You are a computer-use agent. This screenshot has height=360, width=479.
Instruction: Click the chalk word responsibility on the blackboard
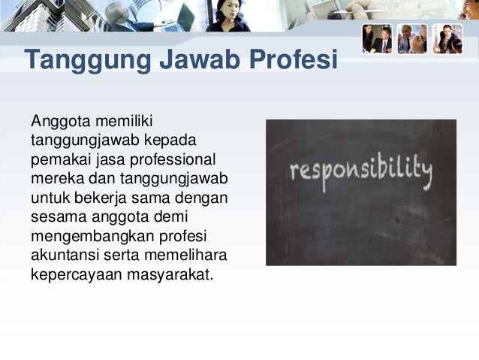point(361,174)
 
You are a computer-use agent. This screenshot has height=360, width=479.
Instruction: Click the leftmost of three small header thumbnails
point(377,38)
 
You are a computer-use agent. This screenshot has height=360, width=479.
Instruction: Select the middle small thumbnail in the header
point(412,38)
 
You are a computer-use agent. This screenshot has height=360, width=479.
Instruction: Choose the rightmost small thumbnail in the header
point(447,38)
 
